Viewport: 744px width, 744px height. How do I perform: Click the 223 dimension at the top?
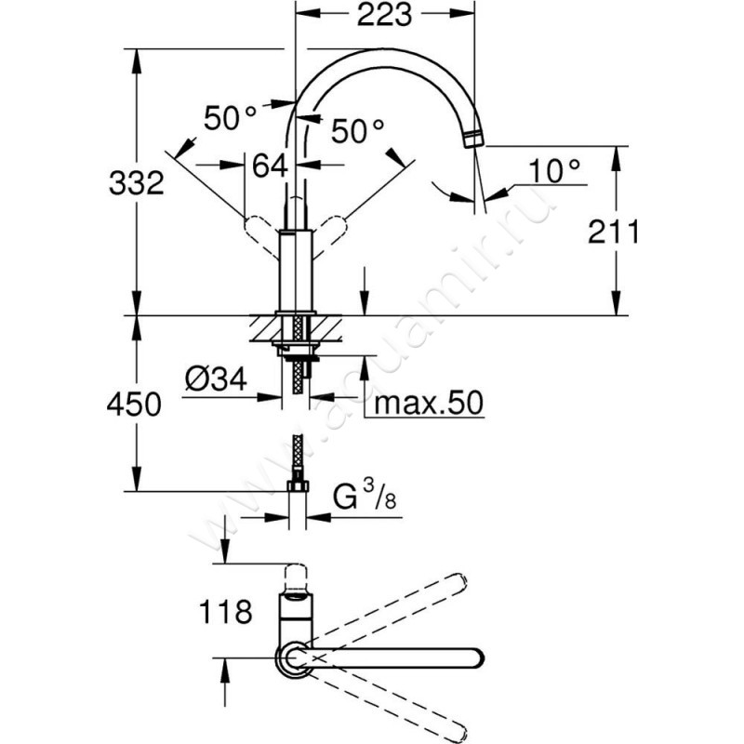383,15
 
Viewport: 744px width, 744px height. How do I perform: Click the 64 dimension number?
270,167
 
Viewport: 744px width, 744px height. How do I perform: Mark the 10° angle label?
554,169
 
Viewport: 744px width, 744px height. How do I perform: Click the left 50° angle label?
231,118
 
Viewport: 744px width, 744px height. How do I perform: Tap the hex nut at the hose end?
298,486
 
